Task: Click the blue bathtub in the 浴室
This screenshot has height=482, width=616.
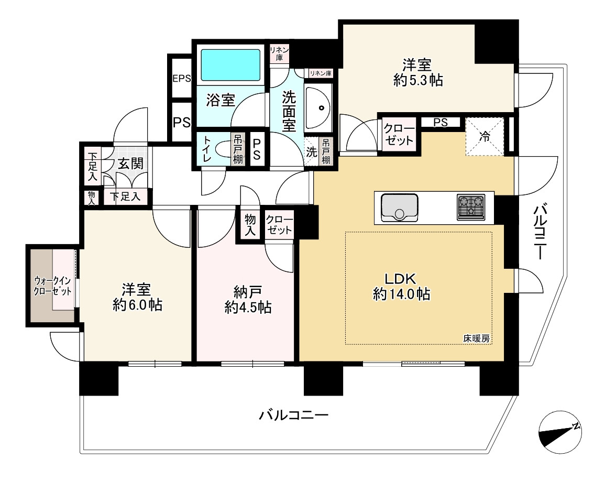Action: click(231, 65)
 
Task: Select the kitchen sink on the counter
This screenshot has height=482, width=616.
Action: click(399, 207)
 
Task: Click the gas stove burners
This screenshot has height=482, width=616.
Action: click(471, 206)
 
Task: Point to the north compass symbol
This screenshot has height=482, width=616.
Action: click(560, 433)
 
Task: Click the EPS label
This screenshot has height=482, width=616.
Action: click(181, 79)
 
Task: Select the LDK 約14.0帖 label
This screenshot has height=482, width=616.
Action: click(401, 286)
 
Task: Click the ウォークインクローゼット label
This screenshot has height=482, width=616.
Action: click(52, 286)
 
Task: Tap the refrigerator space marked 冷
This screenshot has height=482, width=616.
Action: click(485, 137)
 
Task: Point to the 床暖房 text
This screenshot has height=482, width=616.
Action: click(476, 338)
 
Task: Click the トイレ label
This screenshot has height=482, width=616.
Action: click(207, 150)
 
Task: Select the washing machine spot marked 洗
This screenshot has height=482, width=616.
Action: click(311, 152)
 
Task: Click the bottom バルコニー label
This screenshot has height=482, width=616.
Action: click(293, 416)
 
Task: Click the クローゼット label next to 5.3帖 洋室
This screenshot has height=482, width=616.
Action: click(399, 134)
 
